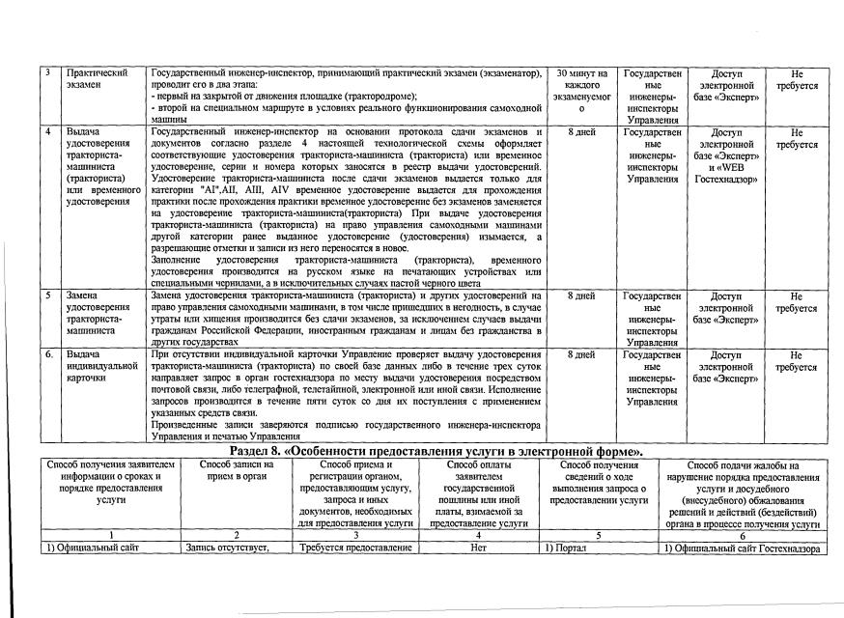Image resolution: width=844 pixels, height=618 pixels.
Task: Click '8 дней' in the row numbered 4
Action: tap(581, 132)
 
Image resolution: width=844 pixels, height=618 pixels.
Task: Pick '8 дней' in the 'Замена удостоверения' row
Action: tap(581, 295)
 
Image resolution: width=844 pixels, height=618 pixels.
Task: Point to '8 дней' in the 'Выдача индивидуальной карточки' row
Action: tap(581, 355)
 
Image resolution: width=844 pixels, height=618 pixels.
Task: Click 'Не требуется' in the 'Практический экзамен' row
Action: tap(796, 79)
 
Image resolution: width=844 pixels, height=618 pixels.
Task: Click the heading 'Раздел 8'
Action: tap(438, 452)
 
